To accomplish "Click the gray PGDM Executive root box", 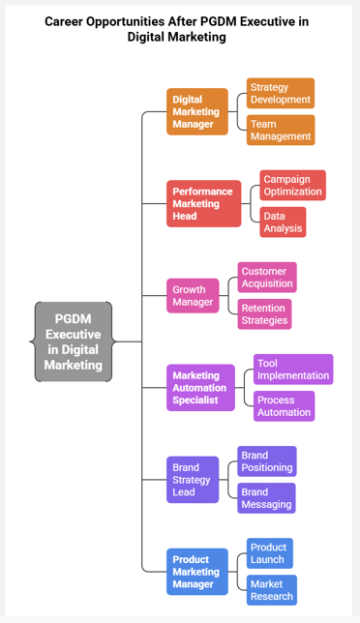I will tap(74, 341).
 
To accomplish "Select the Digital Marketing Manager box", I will tap(197, 111).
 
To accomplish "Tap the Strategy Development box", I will tap(281, 93).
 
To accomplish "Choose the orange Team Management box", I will tap(281, 130).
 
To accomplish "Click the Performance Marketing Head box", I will tap(202, 203).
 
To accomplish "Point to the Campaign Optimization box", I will tap(292, 185).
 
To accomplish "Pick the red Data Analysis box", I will tap(283, 222).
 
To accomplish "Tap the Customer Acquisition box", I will tap(267, 278).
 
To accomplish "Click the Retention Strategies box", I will tap(264, 313).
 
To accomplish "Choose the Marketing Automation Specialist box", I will tap(200, 388).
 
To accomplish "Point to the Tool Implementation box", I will tap(293, 369).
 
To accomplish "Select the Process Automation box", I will tap(285, 405).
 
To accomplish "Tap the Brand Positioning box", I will tap(267, 461).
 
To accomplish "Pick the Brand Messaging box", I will tap(266, 497).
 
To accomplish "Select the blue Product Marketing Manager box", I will tap(197, 572).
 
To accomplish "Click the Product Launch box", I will tap(269, 553).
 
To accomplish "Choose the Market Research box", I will tap(271, 590).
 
